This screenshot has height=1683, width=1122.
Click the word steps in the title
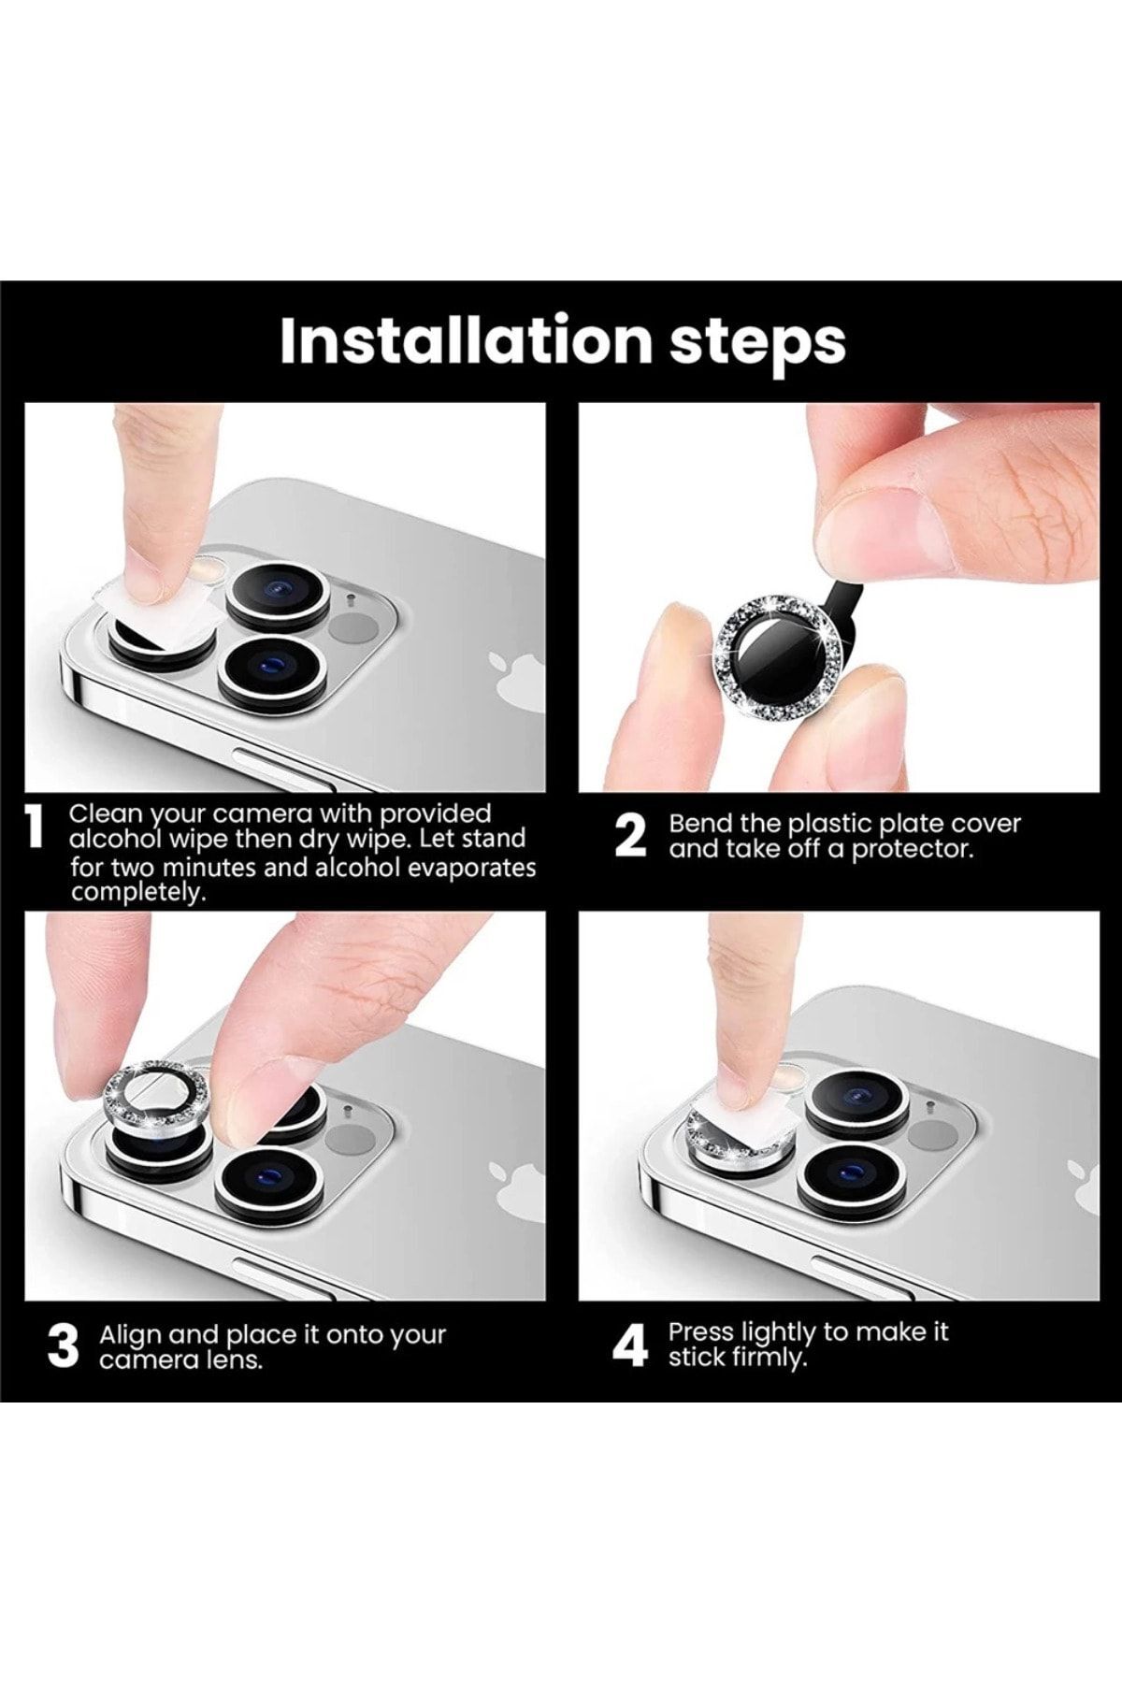point(757,345)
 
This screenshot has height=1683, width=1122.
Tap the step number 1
point(35,830)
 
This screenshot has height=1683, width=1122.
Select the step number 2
point(631,836)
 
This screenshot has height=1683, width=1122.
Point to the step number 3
point(63,1346)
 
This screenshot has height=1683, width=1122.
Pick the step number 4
point(630,1346)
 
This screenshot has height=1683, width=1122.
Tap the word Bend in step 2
point(698,824)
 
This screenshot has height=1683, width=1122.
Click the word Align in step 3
point(130,1335)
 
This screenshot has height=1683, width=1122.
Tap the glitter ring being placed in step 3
point(159,1095)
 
